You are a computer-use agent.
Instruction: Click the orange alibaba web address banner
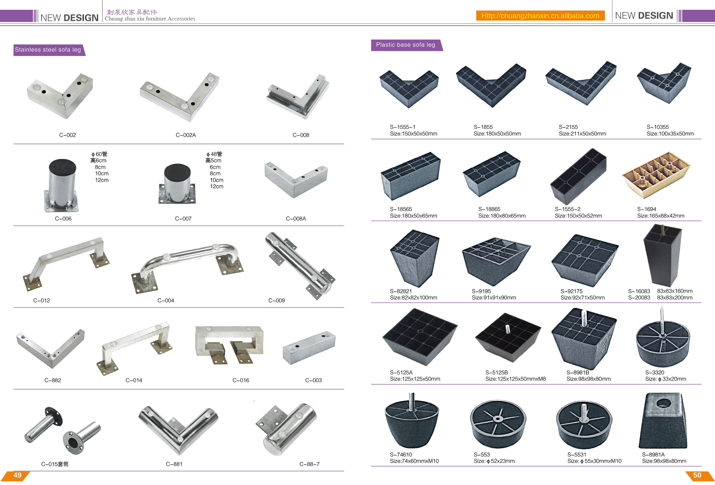click(x=540, y=16)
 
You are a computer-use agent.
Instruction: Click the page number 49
click(x=18, y=475)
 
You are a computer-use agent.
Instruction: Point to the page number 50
click(x=697, y=475)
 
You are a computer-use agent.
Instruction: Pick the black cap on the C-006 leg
click(x=63, y=168)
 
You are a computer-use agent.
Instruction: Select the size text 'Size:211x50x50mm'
click(x=582, y=134)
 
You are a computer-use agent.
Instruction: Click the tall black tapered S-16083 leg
click(x=663, y=255)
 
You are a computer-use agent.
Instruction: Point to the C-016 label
click(x=240, y=380)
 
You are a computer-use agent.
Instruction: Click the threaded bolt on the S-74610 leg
click(x=412, y=402)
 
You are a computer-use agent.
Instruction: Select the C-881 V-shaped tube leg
click(x=178, y=431)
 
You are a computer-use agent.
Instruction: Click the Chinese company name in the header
click(x=132, y=12)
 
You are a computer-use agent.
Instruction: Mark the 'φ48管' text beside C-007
click(x=214, y=154)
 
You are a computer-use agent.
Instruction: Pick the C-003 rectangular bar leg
click(x=309, y=348)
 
